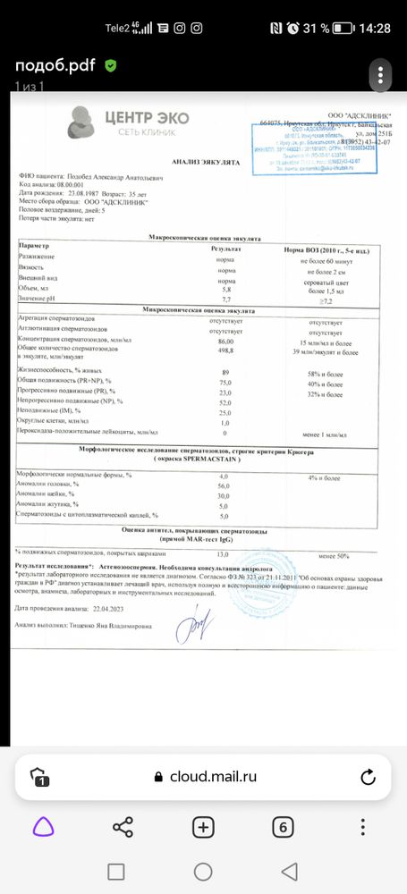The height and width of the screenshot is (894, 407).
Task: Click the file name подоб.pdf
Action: pyautogui.click(x=54, y=66)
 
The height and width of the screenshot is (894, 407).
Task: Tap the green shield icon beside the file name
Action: pyautogui.click(x=110, y=66)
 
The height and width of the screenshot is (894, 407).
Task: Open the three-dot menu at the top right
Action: pyautogui.click(x=382, y=72)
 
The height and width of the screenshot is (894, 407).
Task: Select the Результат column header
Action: pyautogui.click(x=225, y=245)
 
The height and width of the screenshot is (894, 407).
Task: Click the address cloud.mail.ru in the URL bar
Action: pyautogui.click(x=213, y=776)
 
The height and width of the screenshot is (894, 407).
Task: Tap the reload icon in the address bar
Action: pyautogui.click(x=366, y=776)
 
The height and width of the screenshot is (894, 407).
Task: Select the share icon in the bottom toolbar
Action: pyautogui.click(x=123, y=827)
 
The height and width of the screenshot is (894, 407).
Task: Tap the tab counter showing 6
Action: pyautogui.click(x=283, y=827)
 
